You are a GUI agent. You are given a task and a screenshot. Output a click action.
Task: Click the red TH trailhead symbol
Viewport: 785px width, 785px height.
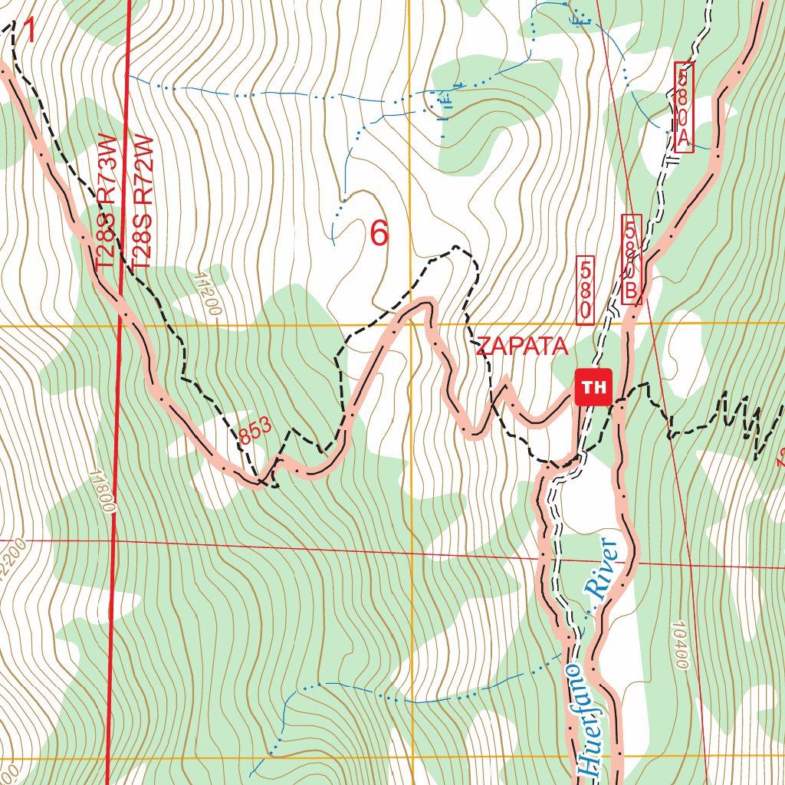coord(593,387)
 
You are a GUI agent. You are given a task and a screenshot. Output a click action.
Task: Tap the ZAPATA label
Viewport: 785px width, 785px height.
coord(522,347)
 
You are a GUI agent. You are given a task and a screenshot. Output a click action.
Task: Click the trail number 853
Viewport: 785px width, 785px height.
coord(255,432)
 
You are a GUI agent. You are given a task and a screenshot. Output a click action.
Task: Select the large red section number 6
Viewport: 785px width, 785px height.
coord(379,233)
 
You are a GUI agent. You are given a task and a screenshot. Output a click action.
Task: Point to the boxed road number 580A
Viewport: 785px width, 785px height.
coord(684,107)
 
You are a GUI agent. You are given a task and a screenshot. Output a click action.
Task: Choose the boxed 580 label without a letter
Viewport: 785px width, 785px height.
coord(585,290)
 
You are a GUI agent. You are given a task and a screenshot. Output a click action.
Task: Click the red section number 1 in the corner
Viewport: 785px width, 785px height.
coord(29,32)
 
